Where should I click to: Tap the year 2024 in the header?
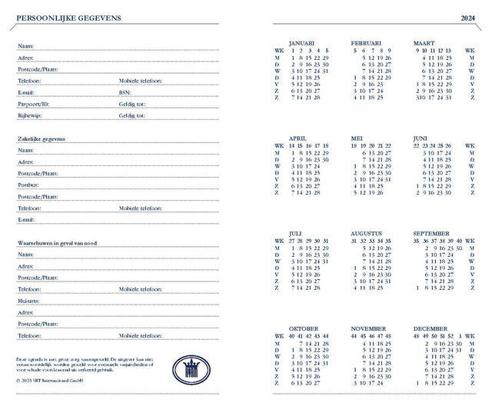tap(468, 18)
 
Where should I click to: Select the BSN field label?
tap(125, 92)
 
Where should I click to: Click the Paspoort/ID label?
tap(33, 104)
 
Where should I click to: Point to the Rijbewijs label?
tap(29, 115)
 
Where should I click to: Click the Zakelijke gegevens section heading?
tap(41, 139)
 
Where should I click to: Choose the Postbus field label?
tap(28, 185)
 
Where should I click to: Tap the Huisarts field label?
tap(28, 301)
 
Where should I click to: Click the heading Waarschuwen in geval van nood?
tap(57, 243)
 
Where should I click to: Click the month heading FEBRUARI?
tap(366, 43)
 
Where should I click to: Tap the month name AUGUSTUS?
tap(366, 233)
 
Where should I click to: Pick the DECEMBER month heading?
tap(430, 328)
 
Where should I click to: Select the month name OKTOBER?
tap(303, 328)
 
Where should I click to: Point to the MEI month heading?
tap(357, 138)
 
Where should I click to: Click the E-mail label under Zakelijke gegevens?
tap(26, 220)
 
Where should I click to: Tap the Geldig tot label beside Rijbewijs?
tap(131, 115)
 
